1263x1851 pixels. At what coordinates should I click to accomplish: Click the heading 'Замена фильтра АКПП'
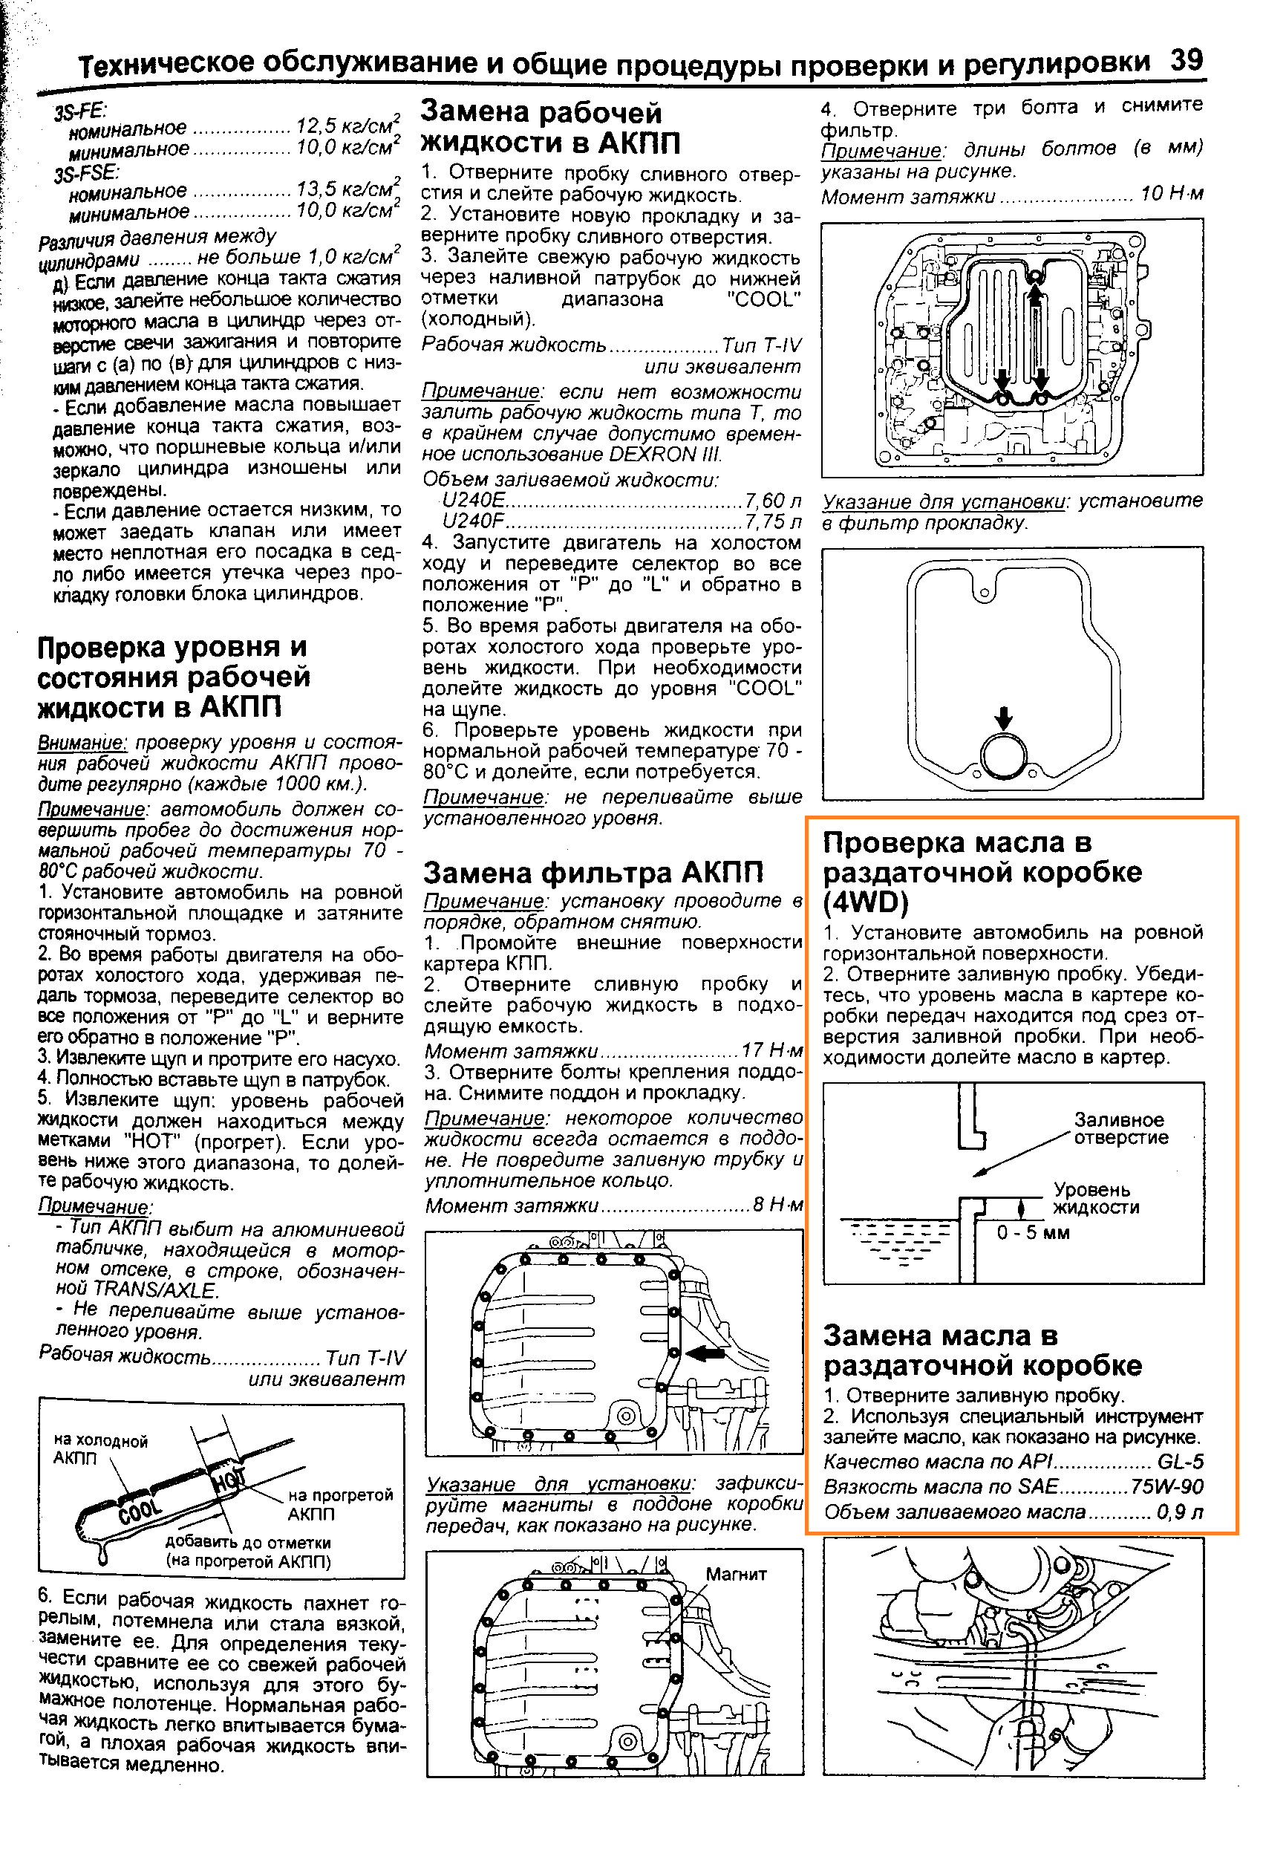[x=593, y=873]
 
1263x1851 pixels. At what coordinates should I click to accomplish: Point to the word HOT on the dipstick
[x=229, y=1479]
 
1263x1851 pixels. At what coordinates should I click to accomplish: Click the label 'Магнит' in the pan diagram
[x=736, y=1574]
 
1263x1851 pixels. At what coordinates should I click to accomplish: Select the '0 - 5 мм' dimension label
[x=1033, y=1233]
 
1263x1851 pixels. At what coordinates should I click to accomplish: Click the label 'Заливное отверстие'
[x=1120, y=1128]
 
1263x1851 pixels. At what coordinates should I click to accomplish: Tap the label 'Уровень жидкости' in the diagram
[x=1095, y=1199]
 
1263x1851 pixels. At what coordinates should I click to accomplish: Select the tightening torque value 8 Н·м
[x=778, y=1205]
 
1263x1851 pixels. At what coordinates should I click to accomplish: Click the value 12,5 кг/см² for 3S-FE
[x=347, y=126]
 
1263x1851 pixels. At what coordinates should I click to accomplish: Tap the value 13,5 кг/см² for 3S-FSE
[x=347, y=189]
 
